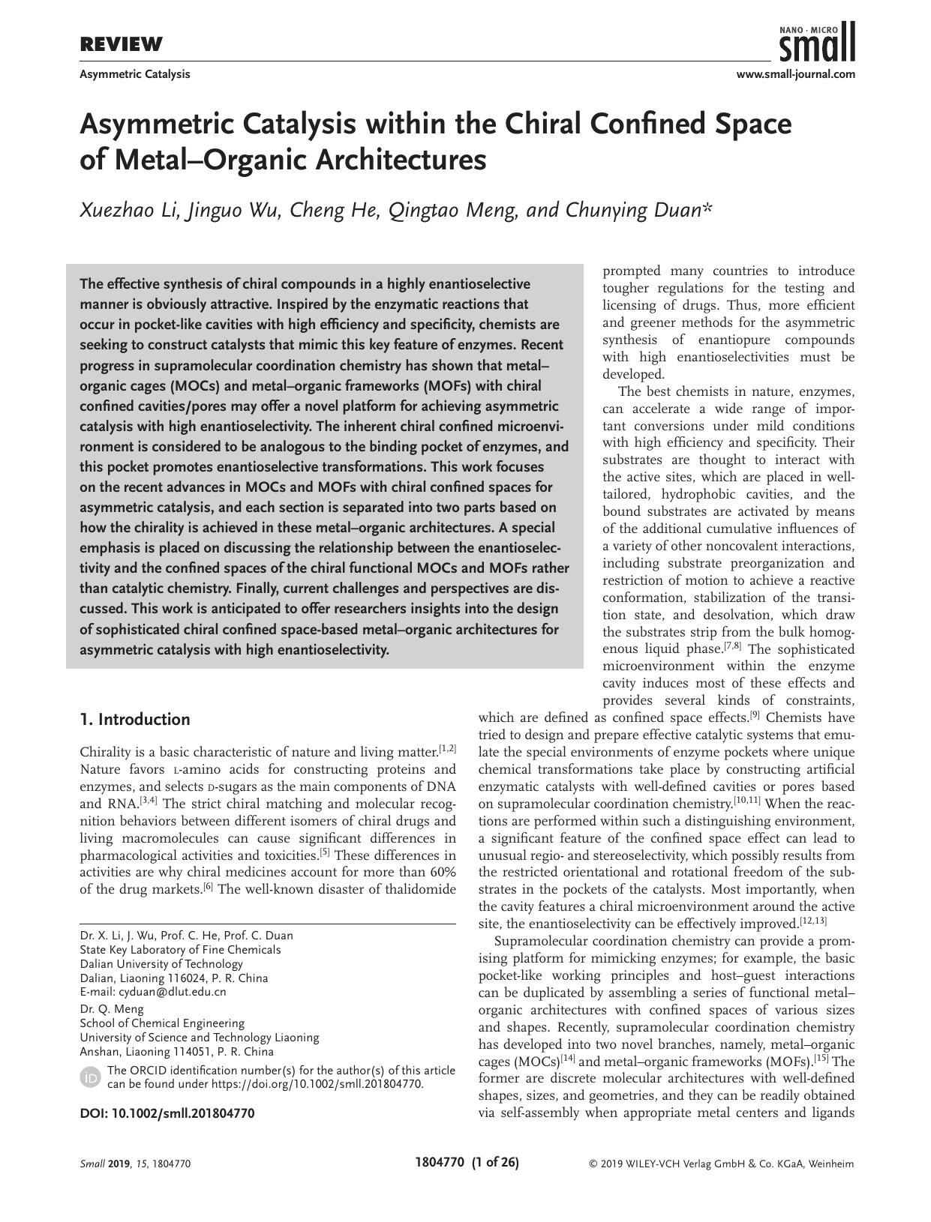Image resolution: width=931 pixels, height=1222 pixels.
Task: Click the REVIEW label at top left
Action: (x=121, y=45)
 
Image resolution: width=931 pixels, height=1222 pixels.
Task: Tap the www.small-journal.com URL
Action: (x=795, y=74)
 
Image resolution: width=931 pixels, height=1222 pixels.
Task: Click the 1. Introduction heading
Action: (x=135, y=720)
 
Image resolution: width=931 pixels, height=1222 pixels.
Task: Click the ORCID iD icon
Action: (x=90, y=1077)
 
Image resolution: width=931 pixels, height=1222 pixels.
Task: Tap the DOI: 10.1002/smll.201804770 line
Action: (x=167, y=1113)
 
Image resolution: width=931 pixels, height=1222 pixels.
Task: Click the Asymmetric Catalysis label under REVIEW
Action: (x=135, y=74)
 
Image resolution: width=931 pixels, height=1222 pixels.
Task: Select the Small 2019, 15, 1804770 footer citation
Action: (x=135, y=1164)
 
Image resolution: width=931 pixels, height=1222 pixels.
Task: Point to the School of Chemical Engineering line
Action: (x=162, y=1023)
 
